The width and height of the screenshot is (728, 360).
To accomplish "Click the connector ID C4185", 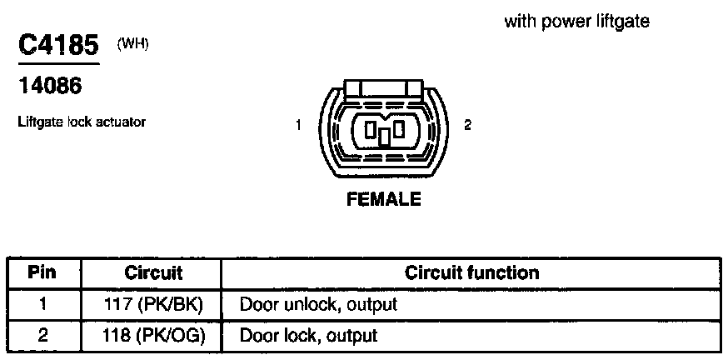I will (59, 45).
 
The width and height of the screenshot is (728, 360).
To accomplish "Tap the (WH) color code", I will (133, 44).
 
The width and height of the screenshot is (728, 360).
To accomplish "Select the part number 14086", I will (51, 85).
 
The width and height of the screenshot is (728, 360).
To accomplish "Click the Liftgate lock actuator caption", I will (82, 122).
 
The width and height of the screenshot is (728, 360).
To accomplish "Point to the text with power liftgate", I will (576, 22).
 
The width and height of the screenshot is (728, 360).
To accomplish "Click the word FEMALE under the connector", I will (384, 200).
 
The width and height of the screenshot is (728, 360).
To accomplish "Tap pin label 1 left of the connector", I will (297, 126).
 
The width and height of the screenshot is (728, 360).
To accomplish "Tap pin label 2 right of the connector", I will (467, 126).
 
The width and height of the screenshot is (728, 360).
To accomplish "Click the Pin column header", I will (42, 272).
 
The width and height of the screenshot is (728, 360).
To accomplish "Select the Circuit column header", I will (153, 272).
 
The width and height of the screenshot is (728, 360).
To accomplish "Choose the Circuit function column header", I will (471, 272).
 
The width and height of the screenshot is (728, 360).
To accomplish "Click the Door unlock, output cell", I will (318, 304).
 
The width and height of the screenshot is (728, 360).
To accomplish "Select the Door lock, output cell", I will (308, 336).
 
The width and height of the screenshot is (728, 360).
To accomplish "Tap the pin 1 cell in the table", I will (42, 304).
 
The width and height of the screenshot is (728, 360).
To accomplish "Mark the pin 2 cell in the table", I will (42, 336).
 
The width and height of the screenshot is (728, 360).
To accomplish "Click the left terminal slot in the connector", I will (369, 128).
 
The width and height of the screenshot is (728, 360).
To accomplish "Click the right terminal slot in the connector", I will (400, 128).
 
